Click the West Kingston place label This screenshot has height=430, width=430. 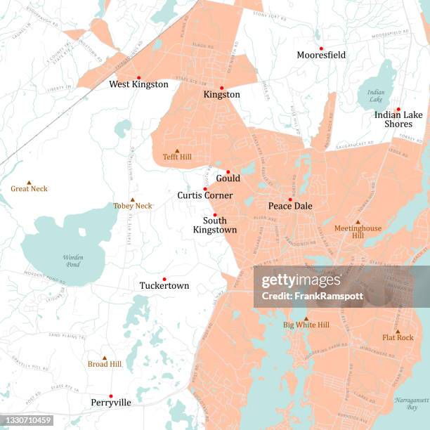pyautogui.click(x=138, y=84)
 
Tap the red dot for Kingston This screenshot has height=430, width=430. pyautogui.click(x=222, y=89)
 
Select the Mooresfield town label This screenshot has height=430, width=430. pyautogui.click(x=321, y=55)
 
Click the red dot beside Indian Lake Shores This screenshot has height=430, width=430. pyautogui.click(x=398, y=110)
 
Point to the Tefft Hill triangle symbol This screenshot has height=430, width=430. pyautogui.click(x=177, y=150)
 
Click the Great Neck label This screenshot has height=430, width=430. pyautogui.click(x=29, y=188)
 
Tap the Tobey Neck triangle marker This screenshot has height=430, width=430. pyautogui.click(x=132, y=200)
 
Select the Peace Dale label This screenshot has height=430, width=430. pyautogui.click(x=290, y=206)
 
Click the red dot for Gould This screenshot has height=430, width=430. pyautogui.click(x=228, y=171)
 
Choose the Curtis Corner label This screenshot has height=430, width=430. pyautogui.click(x=205, y=195)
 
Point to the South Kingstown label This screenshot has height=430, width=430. pyautogui.click(x=215, y=225)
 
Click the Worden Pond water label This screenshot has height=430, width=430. pyautogui.click(x=73, y=261)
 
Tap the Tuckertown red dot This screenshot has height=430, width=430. pyautogui.click(x=164, y=279)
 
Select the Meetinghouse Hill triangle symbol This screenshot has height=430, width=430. pyautogui.click(x=358, y=222)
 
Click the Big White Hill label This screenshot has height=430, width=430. pyautogui.click(x=306, y=325)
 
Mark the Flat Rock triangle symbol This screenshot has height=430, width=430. pyautogui.click(x=398, y=332)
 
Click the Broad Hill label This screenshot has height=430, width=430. pyautogui.click(x=105, y=364)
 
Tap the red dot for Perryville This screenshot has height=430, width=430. pyautogui.click(x=111, y=396)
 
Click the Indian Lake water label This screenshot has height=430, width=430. pyautogui.click(x=376, y=96)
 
